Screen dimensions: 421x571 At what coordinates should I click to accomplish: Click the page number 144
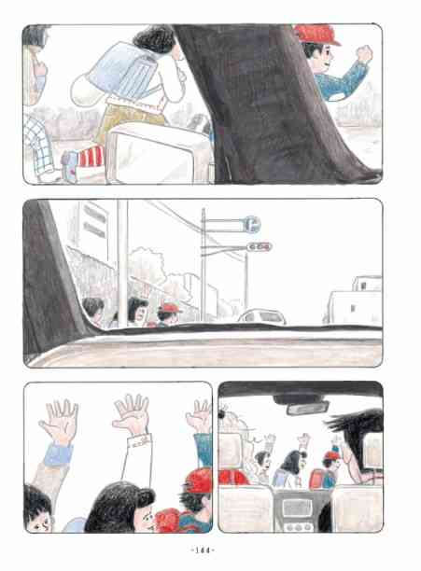click(203, 550)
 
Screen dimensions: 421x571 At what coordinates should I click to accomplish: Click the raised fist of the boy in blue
click(364, 53)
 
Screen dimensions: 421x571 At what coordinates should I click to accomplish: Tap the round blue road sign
click(252, 223)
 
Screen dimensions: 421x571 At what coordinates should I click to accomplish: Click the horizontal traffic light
click(260, 247)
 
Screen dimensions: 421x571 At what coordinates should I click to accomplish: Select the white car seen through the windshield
click(262, 316)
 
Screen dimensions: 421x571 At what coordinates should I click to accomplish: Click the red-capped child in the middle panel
click(169, 314)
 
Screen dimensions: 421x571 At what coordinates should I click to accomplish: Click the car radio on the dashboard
click(298, 508)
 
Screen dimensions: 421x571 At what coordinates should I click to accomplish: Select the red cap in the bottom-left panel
click(199, 480)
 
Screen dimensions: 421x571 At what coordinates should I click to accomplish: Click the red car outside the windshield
click(233, 477)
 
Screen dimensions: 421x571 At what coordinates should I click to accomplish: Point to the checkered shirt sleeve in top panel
click(39, 143)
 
